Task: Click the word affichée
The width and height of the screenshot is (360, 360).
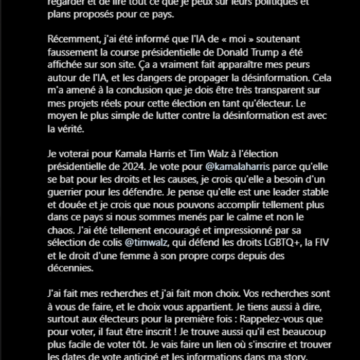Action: (66, 65)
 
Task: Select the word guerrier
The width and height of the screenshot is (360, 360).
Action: (67, 193)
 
